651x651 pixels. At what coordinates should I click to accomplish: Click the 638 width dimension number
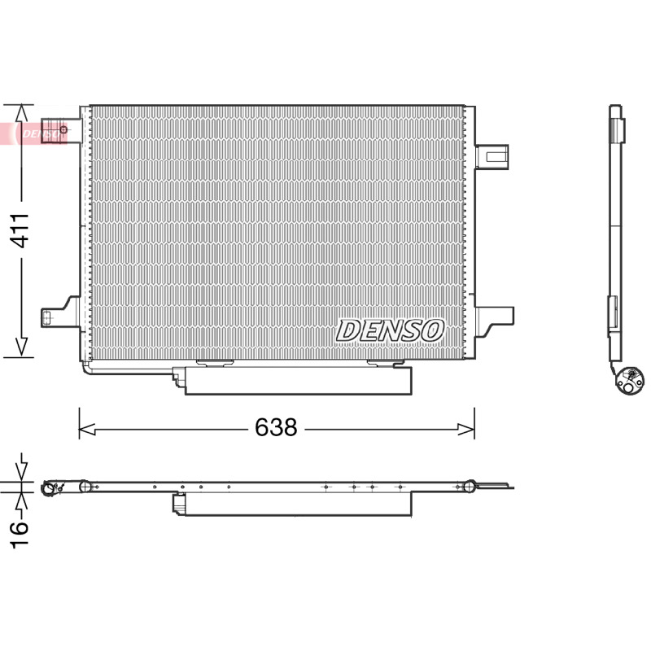276,427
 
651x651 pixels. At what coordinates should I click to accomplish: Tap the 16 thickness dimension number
20,535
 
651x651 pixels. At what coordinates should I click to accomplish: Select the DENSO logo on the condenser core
390,331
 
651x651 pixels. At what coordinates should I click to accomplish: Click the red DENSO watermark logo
34,133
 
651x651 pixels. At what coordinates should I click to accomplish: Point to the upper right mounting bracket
492,156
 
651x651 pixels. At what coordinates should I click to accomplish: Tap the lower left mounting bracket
60,312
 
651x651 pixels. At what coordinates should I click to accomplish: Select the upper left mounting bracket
61,131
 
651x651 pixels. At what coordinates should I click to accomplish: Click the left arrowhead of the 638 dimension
87,430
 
